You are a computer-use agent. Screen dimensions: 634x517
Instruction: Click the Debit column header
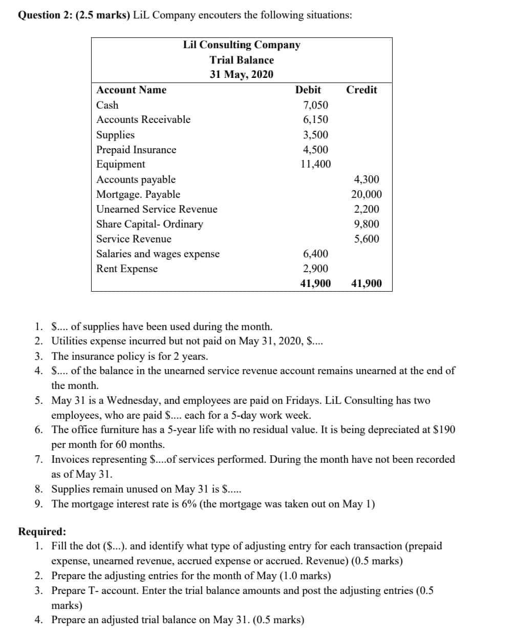(308, 90)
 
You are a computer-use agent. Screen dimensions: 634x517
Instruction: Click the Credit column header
(361, 90)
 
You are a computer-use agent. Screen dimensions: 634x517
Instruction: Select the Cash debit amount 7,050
(315, 105)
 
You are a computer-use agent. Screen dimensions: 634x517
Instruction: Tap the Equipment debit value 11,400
(315, 164)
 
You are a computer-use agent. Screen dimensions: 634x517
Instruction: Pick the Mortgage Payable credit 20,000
(366, 194)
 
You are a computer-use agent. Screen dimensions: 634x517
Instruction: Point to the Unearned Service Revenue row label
(157, 209)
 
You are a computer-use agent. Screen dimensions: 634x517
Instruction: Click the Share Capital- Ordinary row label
(149, 224)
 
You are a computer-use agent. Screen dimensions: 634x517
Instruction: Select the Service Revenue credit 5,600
(367, 239)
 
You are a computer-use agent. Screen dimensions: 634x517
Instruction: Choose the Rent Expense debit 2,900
(315, 269)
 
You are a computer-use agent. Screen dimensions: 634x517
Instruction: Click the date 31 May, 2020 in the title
(242, 74)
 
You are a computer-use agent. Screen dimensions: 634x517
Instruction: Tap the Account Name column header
(132, 90)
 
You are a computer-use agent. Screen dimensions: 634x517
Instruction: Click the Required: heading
(42, 531)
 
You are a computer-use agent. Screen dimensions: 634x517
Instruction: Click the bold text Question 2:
(46, 15)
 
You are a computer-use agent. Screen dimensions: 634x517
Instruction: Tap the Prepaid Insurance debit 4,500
(315, 150)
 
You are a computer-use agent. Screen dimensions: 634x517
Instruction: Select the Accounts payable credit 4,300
(367, 179)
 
